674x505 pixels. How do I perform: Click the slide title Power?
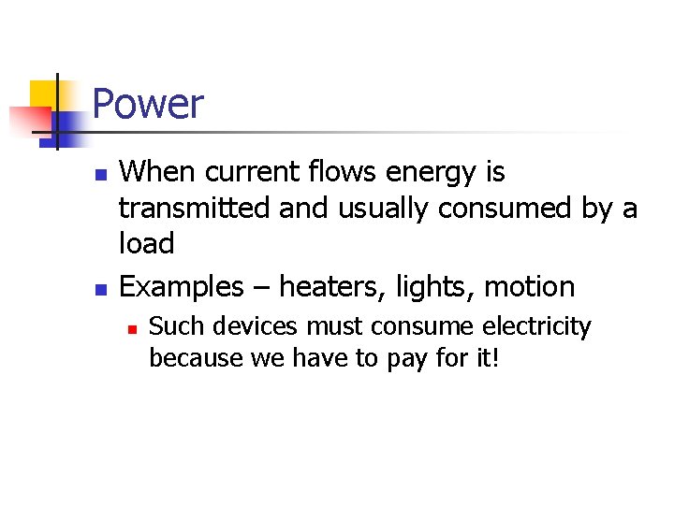click(x=148, y=103)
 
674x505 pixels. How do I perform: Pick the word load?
click(x=147, y=243)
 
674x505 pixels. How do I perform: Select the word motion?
click(x=533, y=286)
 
